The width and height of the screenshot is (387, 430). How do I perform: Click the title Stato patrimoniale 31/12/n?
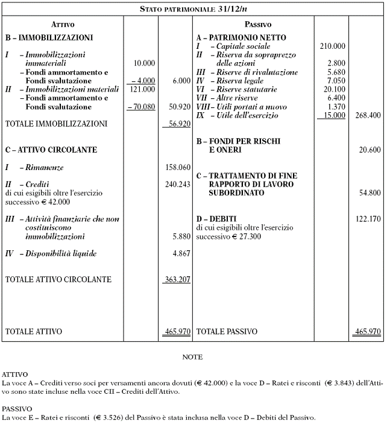(193, 10)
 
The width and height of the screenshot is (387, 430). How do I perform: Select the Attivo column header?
(63, 25)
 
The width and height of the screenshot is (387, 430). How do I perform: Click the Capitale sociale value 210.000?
(333, 46)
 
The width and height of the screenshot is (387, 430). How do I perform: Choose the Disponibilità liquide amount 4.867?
(181, 253)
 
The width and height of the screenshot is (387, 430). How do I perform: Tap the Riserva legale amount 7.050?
(335, 80)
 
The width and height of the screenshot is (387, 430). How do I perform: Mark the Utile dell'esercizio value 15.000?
(335, 115)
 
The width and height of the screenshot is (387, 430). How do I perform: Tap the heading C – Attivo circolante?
(51, 149)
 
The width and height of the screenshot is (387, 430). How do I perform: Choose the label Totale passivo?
(227, 331)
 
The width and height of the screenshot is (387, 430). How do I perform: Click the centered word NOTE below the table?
(192, 357)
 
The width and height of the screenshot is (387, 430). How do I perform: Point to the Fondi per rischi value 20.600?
(370, 149)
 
